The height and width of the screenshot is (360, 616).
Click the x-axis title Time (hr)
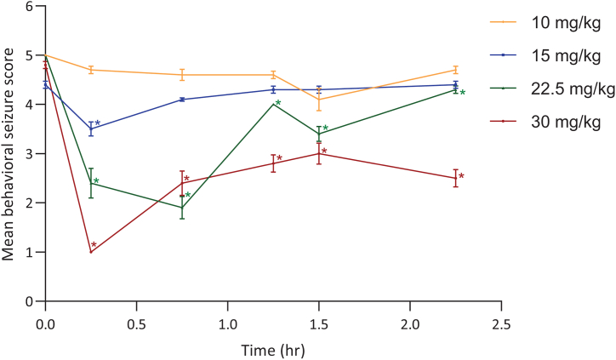click(272, 349)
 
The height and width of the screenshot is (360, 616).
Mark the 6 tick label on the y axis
click(29, 7)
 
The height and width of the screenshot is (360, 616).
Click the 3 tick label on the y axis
click(29, 154)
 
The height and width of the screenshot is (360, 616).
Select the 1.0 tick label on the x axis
click(227, 324)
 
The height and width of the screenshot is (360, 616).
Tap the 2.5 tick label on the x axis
click(501, 324)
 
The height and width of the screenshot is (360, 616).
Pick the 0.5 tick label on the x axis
click(136, 324)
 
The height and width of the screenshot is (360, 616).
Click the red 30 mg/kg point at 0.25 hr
click(90, 252)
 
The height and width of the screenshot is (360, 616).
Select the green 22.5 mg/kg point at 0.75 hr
click(182, 208)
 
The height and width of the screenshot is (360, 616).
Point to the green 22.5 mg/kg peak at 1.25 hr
click(273, 105)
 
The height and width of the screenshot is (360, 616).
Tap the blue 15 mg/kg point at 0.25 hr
click(90, 129)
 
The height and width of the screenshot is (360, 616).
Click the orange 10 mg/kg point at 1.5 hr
click(319, 100)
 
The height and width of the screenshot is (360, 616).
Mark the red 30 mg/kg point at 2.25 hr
click(456, 178)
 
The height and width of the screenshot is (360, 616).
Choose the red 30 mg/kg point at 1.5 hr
click(319, 153)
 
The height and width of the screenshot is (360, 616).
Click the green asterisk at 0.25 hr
click(96, 182)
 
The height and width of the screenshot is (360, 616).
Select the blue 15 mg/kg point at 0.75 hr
click(182, 100)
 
